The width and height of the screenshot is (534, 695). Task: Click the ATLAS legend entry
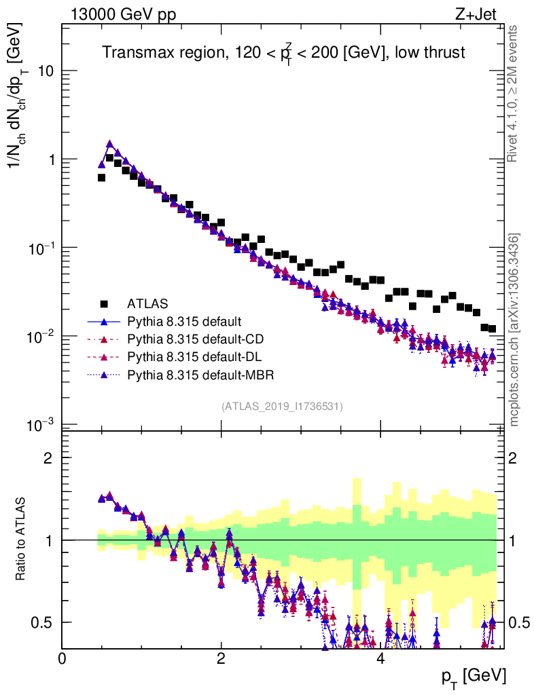(147, 303)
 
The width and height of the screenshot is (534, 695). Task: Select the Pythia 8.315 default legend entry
(184, 321)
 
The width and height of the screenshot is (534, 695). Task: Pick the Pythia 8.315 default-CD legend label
(192, 339)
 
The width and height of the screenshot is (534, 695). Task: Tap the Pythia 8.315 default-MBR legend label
(196, 374)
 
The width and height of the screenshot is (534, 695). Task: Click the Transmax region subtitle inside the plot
(283, 53)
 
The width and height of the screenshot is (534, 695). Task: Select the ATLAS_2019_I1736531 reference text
(282, 407)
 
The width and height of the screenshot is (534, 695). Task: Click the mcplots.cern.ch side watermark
(514, 329)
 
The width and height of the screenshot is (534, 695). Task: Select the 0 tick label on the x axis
(63, 659)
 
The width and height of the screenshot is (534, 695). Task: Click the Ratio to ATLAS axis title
(22, 540)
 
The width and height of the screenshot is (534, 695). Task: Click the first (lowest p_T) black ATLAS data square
(101, 178)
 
